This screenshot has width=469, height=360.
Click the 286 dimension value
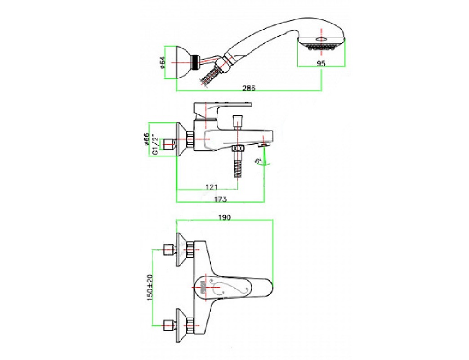coord(249,88)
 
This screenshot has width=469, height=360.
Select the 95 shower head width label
coord(321,63)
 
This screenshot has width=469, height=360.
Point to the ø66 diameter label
coord(147,140)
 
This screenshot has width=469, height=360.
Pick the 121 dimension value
coord(211,187)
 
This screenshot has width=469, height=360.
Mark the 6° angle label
coord(258,161)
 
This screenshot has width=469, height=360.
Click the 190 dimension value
coord(225,217)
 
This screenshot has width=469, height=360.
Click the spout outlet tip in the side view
coord(264,144)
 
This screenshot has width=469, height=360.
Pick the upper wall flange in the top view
coord(183,249)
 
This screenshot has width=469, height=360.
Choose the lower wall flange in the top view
coord(183,324)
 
